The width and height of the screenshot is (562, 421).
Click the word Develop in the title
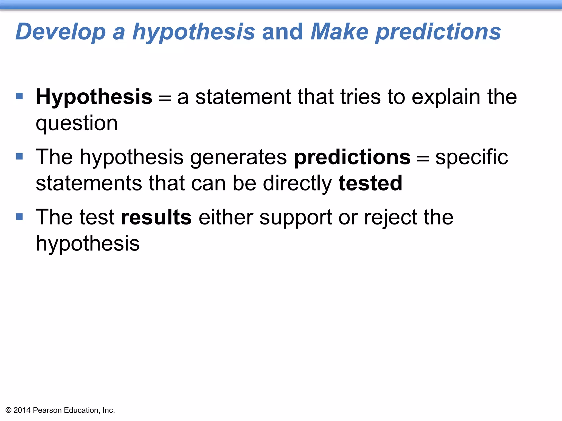click(x=61, y=32)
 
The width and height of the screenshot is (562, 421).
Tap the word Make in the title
click(x=339, y=32)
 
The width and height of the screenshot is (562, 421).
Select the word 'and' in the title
click(x=283, y=32)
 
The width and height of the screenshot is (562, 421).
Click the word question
click(x=77, y=123)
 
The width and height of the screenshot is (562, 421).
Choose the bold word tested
click(x=370, y=183)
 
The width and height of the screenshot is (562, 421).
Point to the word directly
click(x=297, y=183)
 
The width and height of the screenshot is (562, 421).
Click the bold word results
click(x=156, y=217)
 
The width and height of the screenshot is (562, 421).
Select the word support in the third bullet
click(x=296, y=217)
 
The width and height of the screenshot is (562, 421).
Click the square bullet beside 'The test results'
click(x=19, y=217)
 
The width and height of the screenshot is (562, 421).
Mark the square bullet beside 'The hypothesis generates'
click(x=19, y=157)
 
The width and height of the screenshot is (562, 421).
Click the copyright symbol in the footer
click(x=9, y=410)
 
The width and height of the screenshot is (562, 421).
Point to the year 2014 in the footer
click(x=22, y=410)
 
